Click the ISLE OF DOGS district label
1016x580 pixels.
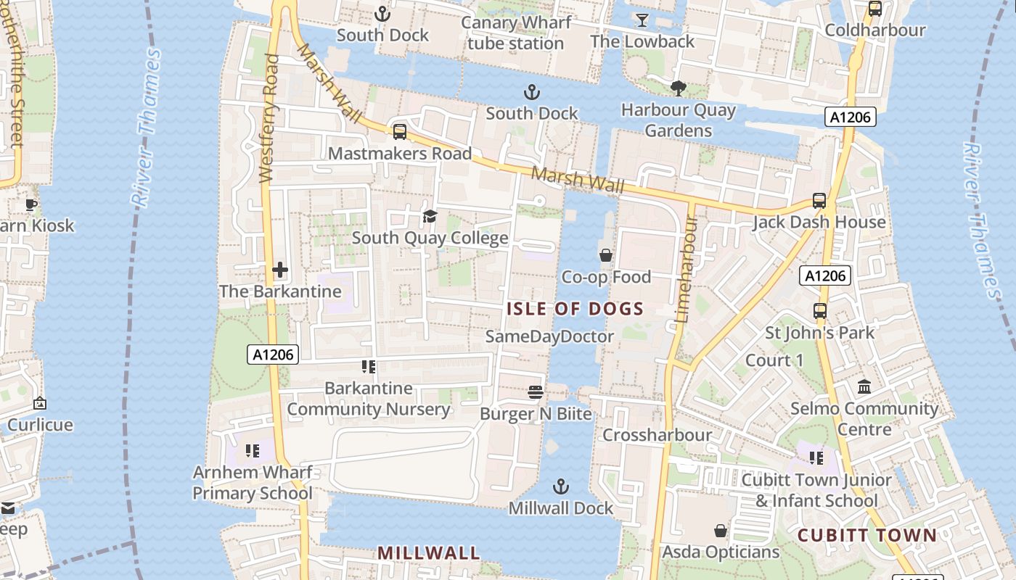575,309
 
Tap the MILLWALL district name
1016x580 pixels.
428,553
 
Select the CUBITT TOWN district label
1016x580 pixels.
867,536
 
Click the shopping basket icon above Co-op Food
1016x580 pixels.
606,255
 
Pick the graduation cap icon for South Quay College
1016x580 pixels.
430,216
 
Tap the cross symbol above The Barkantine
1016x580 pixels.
280,270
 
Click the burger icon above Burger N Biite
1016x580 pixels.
536,392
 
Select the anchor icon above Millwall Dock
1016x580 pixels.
560,486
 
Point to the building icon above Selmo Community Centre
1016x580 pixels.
864,386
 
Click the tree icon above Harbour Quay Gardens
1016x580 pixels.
679,88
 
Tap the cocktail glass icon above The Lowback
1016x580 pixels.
642,20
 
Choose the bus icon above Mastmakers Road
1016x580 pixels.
400,132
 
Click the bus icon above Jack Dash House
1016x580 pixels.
819,201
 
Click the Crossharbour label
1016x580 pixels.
657,435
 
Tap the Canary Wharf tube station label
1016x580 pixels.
516,33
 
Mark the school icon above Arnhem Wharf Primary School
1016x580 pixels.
252,451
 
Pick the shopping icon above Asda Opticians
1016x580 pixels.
721,531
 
